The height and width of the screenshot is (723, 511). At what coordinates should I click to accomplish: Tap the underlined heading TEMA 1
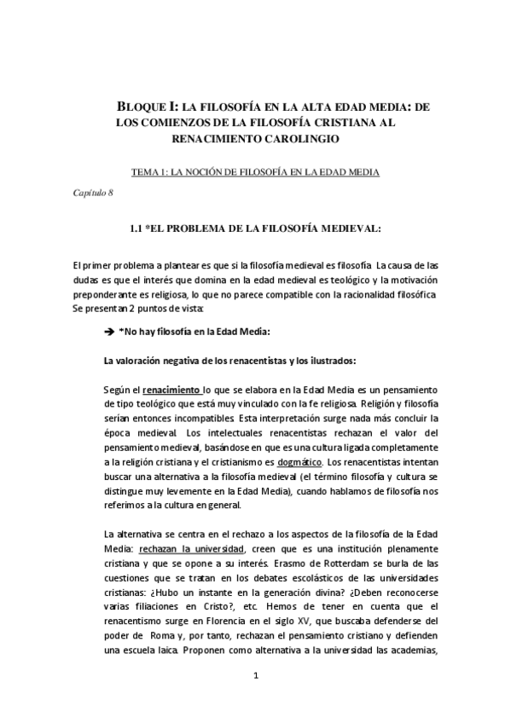(x=254, y=171)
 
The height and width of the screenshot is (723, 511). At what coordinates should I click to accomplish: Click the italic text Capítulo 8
(x=93, y=194)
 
